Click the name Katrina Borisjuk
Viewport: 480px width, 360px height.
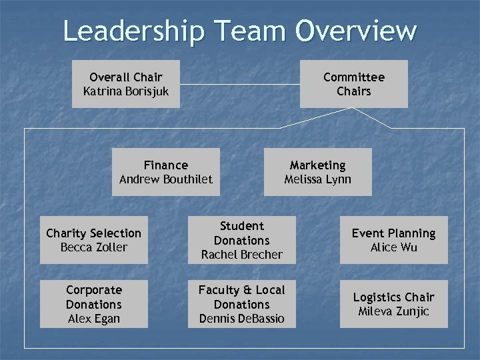click(125, 91)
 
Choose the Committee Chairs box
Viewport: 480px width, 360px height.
click(353, 84)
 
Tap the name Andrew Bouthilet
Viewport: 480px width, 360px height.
click(165, 179)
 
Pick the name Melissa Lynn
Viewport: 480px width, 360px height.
click(317, 179)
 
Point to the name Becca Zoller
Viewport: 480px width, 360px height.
click(93, 247)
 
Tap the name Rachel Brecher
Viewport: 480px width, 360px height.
click(241, 255)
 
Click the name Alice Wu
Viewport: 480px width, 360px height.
click(393, 247)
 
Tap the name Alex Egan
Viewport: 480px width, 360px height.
click(93, 319)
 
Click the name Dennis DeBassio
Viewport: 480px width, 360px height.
click(241, 319)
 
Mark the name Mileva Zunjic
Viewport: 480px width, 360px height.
click(393, 311)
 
